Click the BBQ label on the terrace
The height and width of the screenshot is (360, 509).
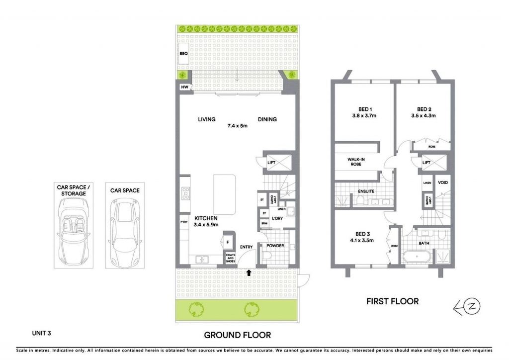(183, 54)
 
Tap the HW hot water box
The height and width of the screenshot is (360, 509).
(185, 87)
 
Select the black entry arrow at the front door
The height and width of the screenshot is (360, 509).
(249, 272)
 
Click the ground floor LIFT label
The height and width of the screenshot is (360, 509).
(271, 163)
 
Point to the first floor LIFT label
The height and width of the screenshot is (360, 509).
(426, 163)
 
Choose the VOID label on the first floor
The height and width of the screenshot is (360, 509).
(443, 183)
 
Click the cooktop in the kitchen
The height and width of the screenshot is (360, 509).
(186, 193)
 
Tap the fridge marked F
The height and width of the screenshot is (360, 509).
(228, 242)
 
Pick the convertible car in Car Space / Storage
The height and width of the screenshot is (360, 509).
(74, 232)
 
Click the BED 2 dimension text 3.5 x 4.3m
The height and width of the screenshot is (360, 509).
(424, 115)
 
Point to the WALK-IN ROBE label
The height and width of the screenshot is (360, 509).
(356, 162)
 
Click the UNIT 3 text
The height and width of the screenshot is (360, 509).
(42, 333)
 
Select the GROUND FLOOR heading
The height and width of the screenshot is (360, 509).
(237, 335)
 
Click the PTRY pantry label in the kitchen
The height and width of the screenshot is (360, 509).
(184, 222)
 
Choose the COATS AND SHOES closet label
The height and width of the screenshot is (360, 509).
(231, 258)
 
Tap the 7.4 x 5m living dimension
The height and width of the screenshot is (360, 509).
(237, 126)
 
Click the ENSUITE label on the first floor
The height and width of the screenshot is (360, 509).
(366, 191)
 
